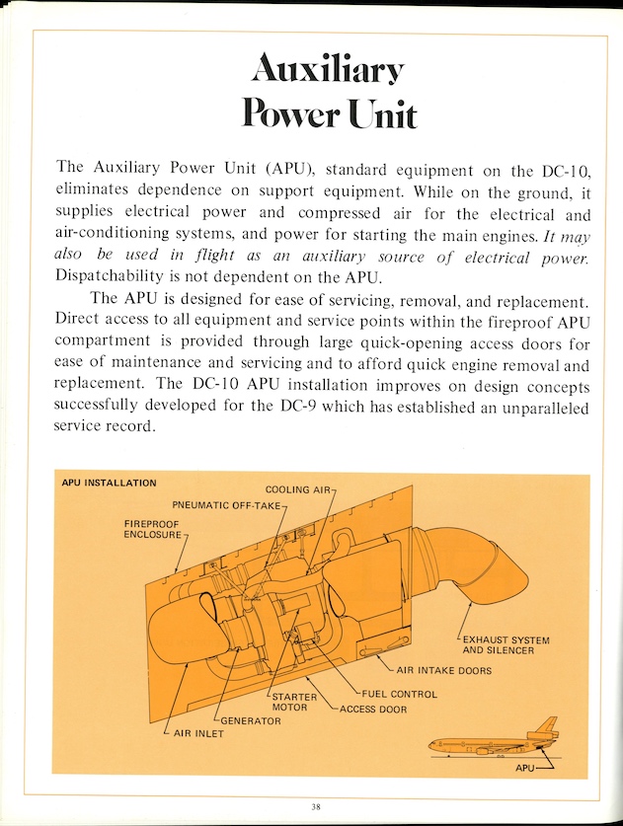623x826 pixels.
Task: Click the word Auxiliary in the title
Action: point(328,68)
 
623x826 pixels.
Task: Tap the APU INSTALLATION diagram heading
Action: point(109,484)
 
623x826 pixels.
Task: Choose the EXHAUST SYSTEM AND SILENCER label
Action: point(506,644)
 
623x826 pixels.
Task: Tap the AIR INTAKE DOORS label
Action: point(443,671)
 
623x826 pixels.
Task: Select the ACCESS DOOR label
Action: point(373,709)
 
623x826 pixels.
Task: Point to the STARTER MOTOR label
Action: point(294,703)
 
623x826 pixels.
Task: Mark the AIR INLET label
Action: point(198,733)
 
